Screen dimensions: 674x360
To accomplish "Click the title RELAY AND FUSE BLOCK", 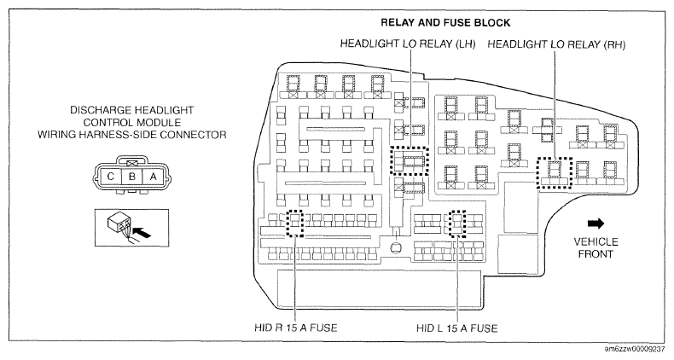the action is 445,22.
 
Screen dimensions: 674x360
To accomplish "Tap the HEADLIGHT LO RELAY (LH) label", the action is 408,44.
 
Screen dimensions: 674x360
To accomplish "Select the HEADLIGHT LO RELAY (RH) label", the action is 556,44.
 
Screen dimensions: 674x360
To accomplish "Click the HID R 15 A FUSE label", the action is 296,328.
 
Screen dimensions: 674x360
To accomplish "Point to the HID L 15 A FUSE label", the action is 457,328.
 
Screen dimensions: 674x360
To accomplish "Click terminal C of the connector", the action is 110,176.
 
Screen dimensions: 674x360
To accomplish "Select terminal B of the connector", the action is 132,176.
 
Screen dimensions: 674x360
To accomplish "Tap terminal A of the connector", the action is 153,176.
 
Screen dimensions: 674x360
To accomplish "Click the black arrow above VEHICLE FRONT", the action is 596,224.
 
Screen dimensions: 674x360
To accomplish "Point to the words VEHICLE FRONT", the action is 596,248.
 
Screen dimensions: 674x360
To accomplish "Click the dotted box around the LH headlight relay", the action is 410,160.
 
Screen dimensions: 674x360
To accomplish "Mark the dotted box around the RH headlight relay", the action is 555,172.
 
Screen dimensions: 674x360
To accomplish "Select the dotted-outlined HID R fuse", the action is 295,224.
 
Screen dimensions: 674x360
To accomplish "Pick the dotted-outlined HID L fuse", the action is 457,224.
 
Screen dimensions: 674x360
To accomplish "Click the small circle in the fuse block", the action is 396,248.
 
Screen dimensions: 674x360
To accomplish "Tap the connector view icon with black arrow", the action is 131,228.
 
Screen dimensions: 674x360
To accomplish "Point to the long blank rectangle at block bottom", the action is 381,288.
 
